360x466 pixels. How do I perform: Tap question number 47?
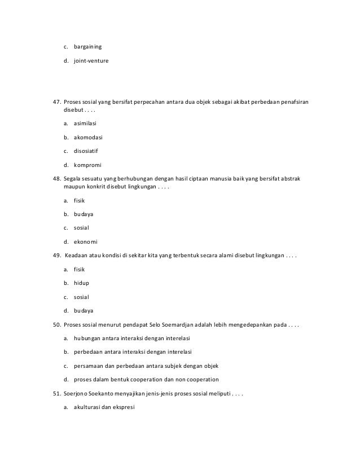point(56,102)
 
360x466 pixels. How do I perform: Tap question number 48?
point(56,178)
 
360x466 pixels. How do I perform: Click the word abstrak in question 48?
point(291,178)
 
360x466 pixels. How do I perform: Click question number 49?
point(56,256)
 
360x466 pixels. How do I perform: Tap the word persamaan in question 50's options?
point(90,365)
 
